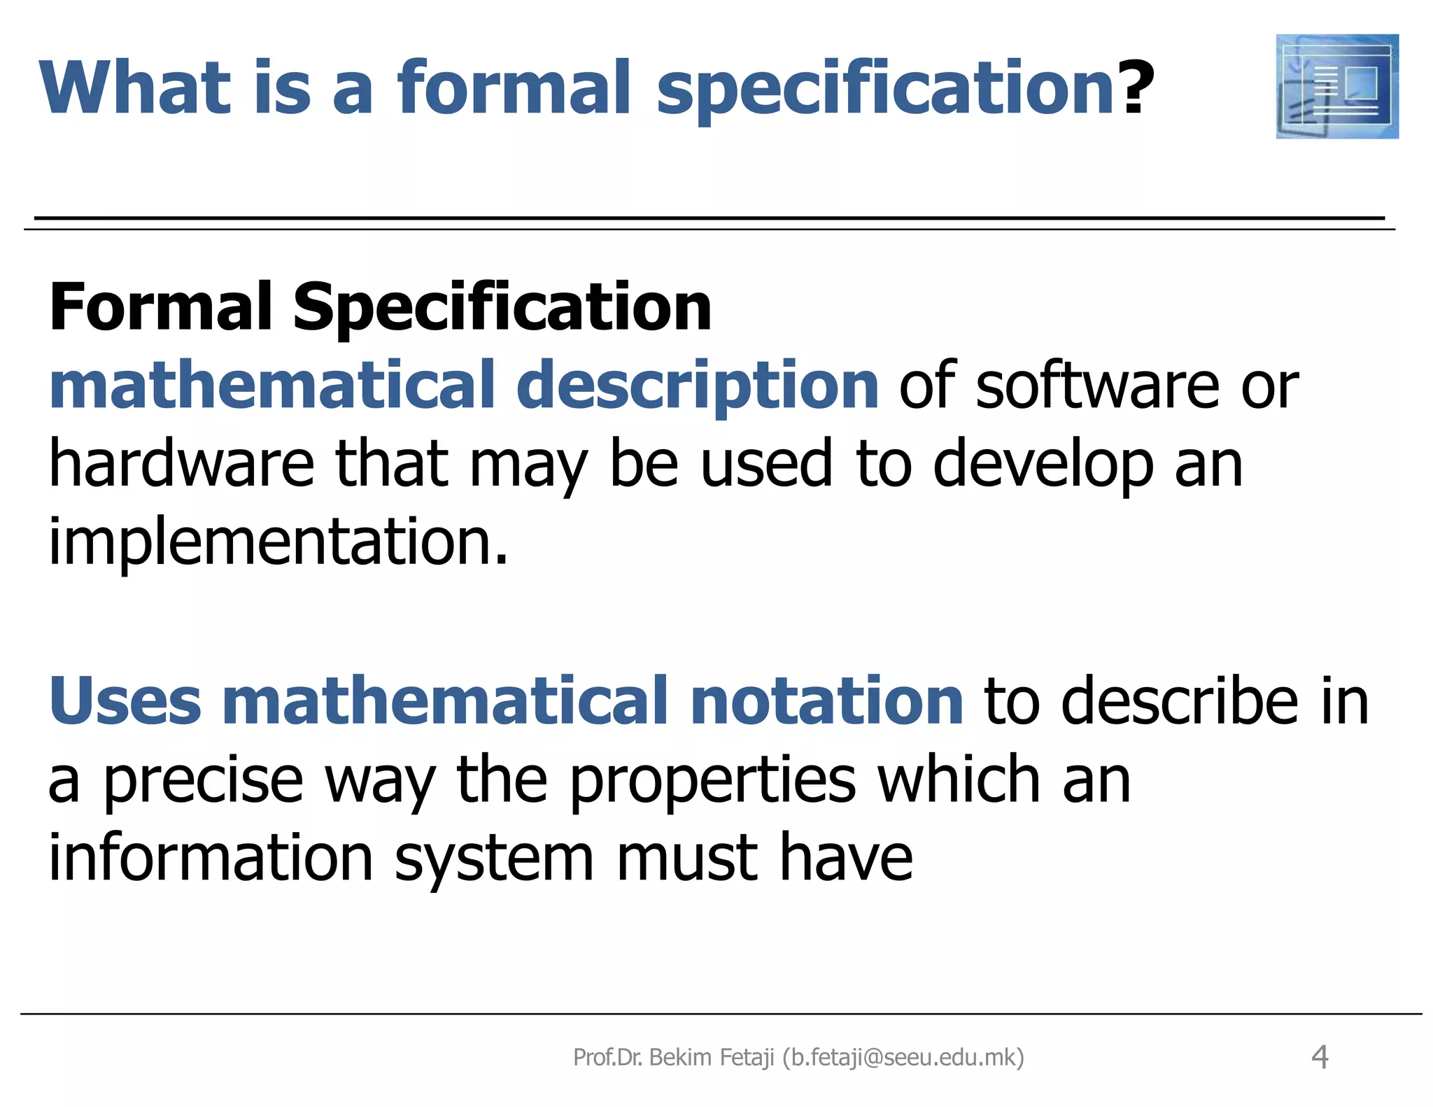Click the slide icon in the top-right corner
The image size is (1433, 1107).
click(x=1336, y=86)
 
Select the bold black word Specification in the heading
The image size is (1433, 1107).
click(x=502, y=307)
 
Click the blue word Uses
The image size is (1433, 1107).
click(x=125, y=701)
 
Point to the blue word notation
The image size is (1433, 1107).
click(x=826, y=701)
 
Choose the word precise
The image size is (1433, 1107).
click(x=204, y=781)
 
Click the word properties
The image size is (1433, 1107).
click(x=712, y=781)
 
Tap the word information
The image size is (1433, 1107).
click(x=211, y=859)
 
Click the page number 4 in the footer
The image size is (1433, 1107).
click(x=1320, y=1057)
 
